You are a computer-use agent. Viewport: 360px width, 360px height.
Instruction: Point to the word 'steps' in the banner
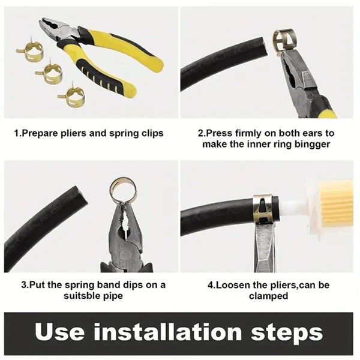287,331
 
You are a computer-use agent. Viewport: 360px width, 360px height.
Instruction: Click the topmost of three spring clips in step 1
28,53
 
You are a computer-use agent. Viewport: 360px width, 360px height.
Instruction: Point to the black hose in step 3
42,223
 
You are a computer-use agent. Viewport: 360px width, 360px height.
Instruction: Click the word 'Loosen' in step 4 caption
232,285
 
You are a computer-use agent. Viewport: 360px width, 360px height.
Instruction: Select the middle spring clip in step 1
50,73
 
